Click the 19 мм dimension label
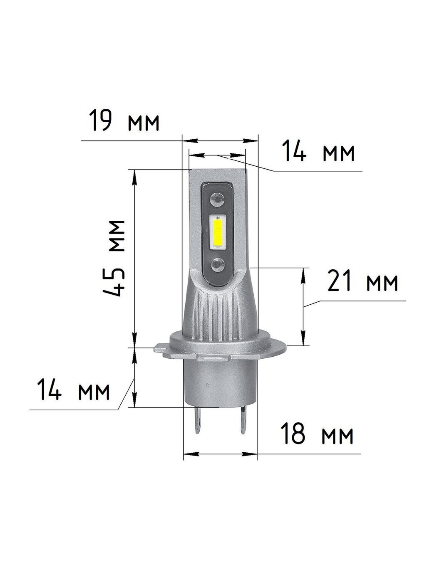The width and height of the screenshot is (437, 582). pos(124,121)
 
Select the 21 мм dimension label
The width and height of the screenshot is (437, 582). pos(363,281)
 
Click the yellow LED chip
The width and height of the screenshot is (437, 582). pos(218,232)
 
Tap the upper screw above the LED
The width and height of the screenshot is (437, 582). pos(218,200)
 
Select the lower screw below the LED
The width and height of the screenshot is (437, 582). pos(218,265)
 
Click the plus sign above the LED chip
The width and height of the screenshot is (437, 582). pos(218,218)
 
